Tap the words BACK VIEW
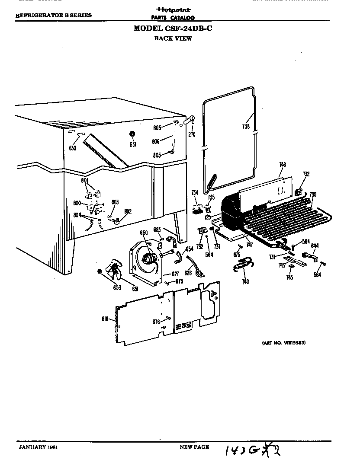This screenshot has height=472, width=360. pos(173,38)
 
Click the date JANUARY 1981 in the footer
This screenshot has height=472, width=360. pos(38,447)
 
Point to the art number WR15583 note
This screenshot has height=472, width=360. pos(284,342)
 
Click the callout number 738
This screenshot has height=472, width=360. pos(246,127)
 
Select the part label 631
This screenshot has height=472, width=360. pos(133,144)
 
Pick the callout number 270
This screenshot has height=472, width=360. pos(192,134)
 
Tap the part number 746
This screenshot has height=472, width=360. pos(282,164)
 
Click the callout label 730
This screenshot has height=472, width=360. pos(312,195)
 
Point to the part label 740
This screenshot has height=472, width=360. pos(245,282)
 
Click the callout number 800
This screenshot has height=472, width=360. pos(77,203)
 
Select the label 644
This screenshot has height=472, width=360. pos(315,246)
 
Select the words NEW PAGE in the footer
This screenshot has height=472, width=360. pos(194,447)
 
